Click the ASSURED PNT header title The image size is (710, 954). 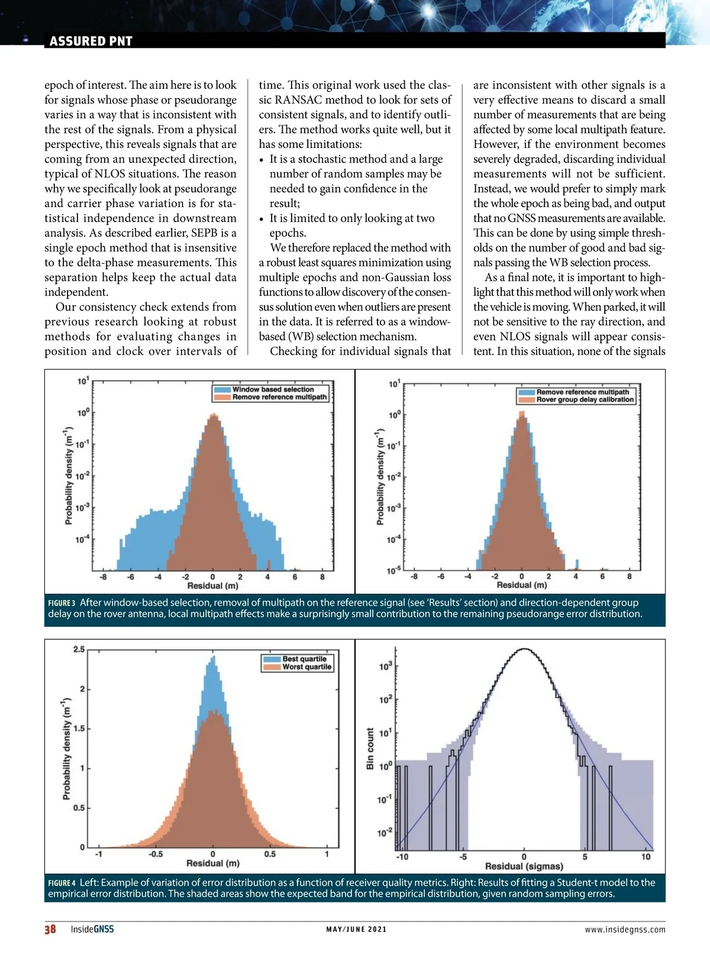(x=91, y=41)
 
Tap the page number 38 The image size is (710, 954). (x=50, y=929)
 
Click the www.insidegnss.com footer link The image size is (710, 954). (x=625, y=930)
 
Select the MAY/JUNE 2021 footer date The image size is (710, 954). (x=356, y=929)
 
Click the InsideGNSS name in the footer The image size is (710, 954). (x=92, y=929)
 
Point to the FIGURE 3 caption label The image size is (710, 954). (x=62, y=603)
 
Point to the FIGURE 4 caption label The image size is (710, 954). (x=62, y=883)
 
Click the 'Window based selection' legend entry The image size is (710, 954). (x=273, y=389)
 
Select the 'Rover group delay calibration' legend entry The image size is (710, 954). (x=585, y=400)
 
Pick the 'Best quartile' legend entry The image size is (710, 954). (x=304, y=659)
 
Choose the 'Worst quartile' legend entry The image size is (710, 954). (x=306, y=667)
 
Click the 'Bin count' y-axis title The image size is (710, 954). (x=370, y=748)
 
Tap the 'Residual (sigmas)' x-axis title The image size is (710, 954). (x=524, y=866)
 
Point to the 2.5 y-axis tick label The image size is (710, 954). (x=79, y=649)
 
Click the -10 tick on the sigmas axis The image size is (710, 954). (x=402, y=856)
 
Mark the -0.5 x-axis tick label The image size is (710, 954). (x=155, y=854)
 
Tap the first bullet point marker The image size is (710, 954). (x=262, y=160)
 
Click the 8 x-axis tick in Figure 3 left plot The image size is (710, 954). (x=322, y=577)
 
